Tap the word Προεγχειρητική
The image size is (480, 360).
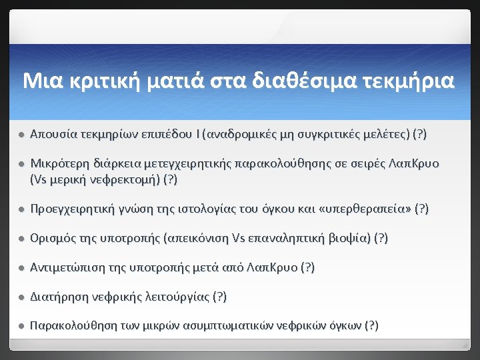pos(72,209)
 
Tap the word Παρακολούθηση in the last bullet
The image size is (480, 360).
pos(71,327)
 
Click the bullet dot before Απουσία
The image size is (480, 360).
pos(21,135)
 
